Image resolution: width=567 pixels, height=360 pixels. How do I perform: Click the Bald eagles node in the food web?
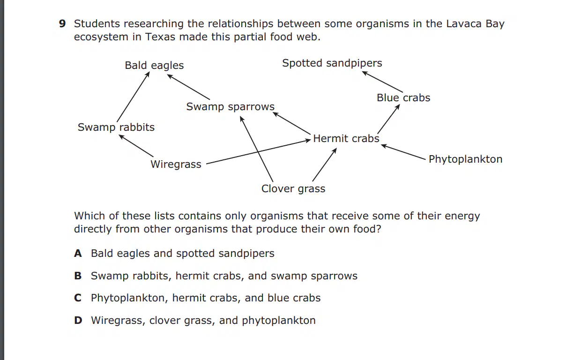(x=154, y=65)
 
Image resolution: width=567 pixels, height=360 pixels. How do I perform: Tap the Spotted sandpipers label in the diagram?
(x=332, y=63)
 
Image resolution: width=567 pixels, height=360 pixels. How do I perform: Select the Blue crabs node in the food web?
(x=403, y=97)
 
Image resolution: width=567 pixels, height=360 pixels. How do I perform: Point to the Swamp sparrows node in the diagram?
(x=231, y=107)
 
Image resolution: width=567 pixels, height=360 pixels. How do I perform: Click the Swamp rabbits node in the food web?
(x=116, y=127)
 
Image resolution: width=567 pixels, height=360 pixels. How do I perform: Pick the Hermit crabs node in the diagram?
(x=346, y=138)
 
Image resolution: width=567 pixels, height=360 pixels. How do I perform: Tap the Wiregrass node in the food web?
(x=176, y=165)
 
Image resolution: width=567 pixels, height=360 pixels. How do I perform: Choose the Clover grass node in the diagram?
(x=293, y=189)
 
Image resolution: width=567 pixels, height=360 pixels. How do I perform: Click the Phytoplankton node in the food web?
(x=465, y=159)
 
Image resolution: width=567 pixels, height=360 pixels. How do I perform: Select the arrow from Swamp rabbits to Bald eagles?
(x=133, y=97)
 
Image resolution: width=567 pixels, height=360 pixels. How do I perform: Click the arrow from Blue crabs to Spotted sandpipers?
(x=382, y=82)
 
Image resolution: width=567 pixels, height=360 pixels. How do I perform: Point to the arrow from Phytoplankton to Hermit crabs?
(x=403, y=152)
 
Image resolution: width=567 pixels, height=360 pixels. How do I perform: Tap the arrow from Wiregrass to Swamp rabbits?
(x=136, y=146)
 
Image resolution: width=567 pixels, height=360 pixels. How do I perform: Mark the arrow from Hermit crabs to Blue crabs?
(x=388, y=119)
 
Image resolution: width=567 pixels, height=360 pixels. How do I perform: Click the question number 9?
(x=62, y=24)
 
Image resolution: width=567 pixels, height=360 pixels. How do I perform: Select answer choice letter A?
(x=78, y=254)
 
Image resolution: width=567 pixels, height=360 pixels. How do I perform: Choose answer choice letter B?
(x=78, y=276)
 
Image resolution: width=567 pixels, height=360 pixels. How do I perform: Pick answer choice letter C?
(x=78, y=298)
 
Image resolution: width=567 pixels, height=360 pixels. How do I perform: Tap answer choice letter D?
(x=78, y=321)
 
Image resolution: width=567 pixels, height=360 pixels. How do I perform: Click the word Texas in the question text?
(x=160, y=37)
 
